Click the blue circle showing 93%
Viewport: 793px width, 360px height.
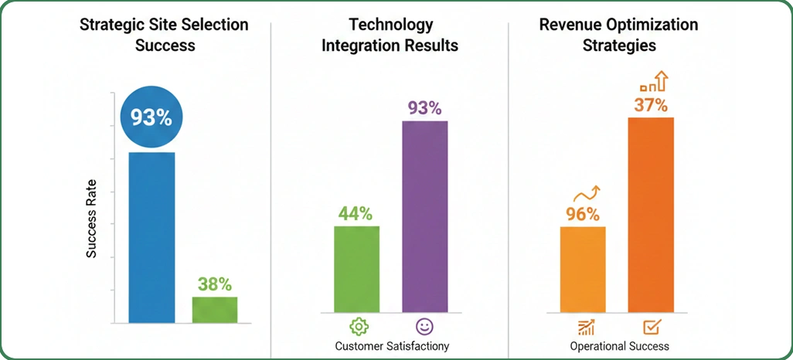pos(151,118)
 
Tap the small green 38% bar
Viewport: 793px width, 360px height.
pos(215,309)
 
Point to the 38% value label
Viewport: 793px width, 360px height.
pos(215,284)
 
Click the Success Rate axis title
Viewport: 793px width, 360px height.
pos(91,219)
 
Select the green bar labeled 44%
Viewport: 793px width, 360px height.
pos(356,270)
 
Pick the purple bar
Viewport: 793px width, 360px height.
pos(424,220)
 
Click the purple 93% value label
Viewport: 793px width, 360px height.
pos(424,107)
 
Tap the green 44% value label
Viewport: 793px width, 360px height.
pos(356,212)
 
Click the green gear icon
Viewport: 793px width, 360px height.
pos(357,325)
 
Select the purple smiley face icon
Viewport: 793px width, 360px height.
pos(424,325)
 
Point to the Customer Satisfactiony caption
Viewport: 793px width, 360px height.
pos(392,345)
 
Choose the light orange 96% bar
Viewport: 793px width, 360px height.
pos(583,270)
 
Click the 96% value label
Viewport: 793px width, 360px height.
pos(582,214)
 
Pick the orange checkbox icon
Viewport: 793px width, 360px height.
pos(651,327)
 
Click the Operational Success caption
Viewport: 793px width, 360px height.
pos(619,345)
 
